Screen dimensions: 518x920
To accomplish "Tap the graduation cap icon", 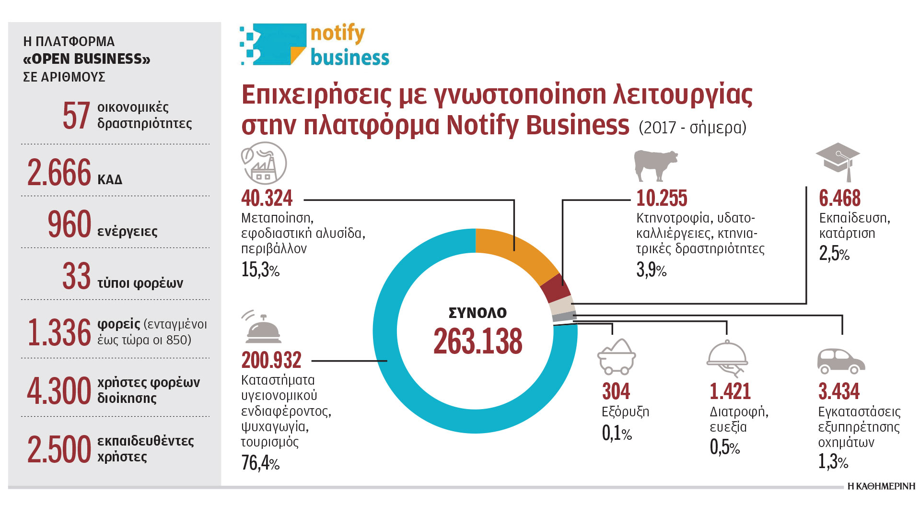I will (x=838, y=160).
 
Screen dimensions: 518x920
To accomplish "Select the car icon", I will (x=840, y=361).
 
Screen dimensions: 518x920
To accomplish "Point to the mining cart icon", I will (x=617, y=357).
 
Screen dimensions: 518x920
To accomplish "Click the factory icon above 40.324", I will (x=264, y=164).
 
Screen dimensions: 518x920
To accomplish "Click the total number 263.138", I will (x=477, y=341).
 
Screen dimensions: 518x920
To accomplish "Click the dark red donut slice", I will (x=555, y=288).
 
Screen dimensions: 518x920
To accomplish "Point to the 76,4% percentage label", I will (x=260, y=463).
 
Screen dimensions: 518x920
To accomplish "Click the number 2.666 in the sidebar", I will (x=59, y=173).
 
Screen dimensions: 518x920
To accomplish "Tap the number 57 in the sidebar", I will (x=76, y=116).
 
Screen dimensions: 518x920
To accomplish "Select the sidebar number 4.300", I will (x=59, y=391).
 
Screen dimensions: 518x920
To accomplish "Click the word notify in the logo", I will (x=338, y=34).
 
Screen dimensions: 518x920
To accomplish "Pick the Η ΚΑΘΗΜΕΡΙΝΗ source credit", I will (x=881, y=486).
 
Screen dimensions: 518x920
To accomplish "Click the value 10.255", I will (x=662, y=198).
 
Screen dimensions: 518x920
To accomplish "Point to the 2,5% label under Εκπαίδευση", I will (x=834, y=253).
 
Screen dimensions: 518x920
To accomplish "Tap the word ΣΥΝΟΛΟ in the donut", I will (x=477, y=313).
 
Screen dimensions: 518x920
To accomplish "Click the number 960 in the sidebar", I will (x=70, y=224).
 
